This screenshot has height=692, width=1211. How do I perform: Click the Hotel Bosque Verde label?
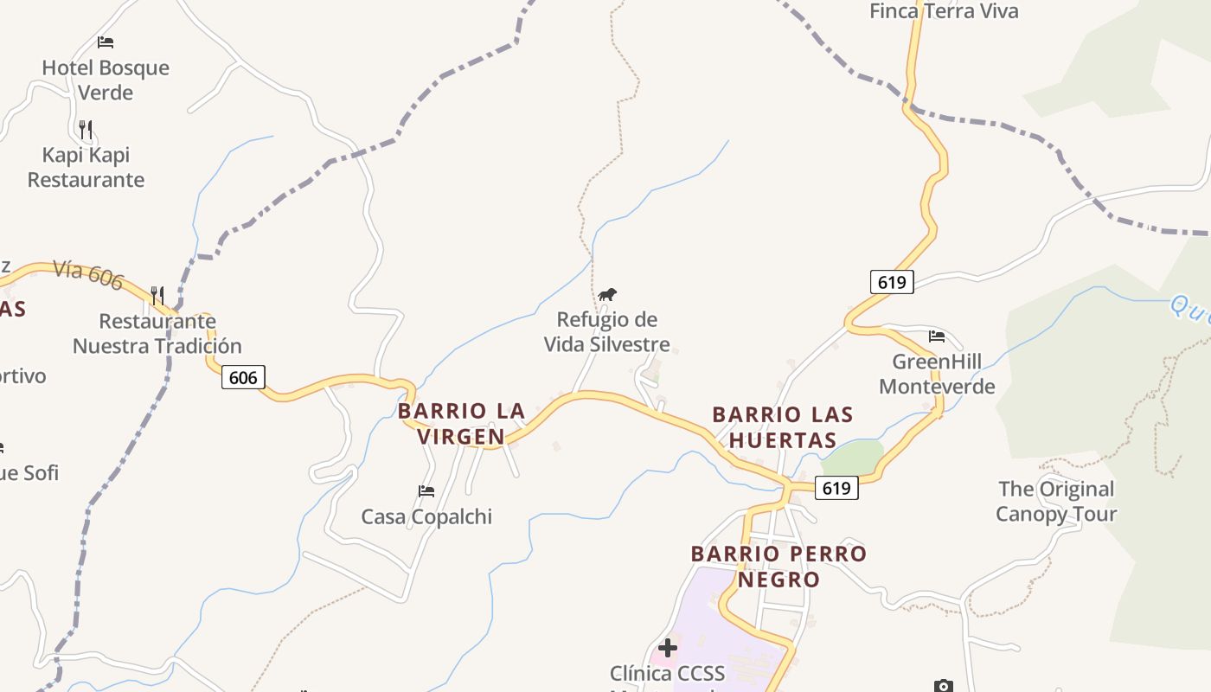pos(106,80)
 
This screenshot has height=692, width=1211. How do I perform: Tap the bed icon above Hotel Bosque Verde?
pos(106,42)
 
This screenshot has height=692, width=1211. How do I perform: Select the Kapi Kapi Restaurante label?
pos(86,167)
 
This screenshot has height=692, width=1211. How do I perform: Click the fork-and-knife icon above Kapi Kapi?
pos(86,130)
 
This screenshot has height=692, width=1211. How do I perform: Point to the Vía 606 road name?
pos(88,274)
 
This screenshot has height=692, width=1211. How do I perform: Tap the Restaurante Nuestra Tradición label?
pos(157,333)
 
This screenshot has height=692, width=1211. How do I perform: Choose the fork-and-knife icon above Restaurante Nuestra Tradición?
pos(157,296)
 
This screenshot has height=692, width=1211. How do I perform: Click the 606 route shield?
pos(243,377)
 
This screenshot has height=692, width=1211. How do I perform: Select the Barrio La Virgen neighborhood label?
pos(461,424)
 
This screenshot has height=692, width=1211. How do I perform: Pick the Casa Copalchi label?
pos(426,516)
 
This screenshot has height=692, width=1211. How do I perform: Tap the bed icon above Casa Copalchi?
pos(426,491)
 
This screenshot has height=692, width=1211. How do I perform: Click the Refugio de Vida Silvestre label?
pos(607,332)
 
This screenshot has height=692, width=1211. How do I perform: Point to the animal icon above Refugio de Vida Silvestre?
pos(607,295)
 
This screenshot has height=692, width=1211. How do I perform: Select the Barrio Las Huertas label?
pos(783,427)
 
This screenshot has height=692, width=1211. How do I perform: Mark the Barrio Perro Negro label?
pos(778,566)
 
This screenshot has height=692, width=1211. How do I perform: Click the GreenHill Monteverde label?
pos(937,374)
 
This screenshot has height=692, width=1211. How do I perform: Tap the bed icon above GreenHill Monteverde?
pos(937,336)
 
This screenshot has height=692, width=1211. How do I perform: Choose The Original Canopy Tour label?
pos(1056,502)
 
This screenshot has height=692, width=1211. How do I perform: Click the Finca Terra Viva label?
pos(944,11)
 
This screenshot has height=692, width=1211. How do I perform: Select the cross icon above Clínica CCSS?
pos(668,647)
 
